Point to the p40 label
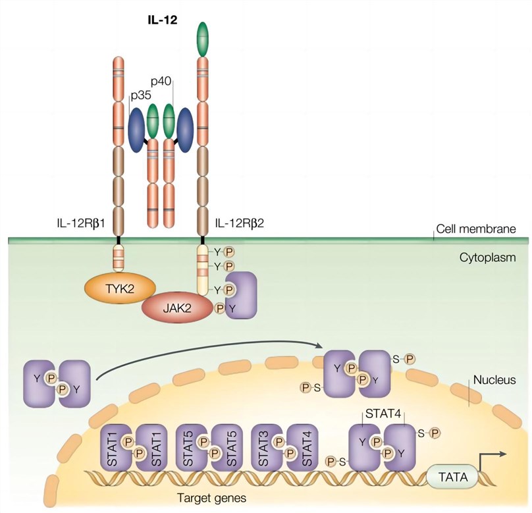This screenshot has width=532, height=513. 162,81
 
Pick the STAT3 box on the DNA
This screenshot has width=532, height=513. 266,450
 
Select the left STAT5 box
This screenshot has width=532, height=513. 190,450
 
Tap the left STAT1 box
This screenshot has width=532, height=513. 114,450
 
